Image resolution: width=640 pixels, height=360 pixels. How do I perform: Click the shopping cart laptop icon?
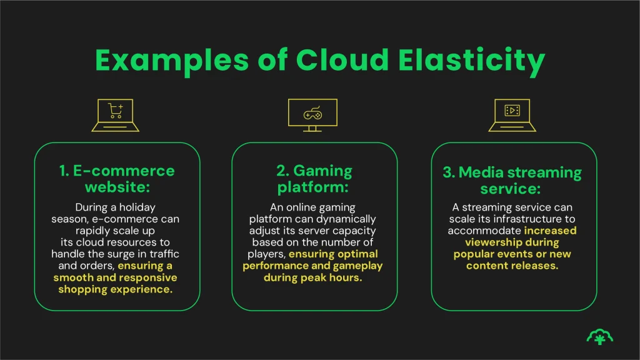[x=116, y=115]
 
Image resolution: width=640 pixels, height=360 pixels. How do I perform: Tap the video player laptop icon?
[x=512, y=115]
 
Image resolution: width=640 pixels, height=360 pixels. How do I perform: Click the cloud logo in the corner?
[x=599, y=336]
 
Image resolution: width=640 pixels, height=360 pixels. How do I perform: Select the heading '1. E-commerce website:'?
[x=117, y=179]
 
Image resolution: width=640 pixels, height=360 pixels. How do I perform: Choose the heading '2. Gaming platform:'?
[x=314, y=179]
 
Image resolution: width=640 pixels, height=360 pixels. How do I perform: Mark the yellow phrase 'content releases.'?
[x=512, y=266]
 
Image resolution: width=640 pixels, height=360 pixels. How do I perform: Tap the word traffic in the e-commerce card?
[x=162, y=254]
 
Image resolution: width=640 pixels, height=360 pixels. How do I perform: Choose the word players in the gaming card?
[x=266, y=254]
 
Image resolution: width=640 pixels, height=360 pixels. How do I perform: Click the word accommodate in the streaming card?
[x=486, y=231]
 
